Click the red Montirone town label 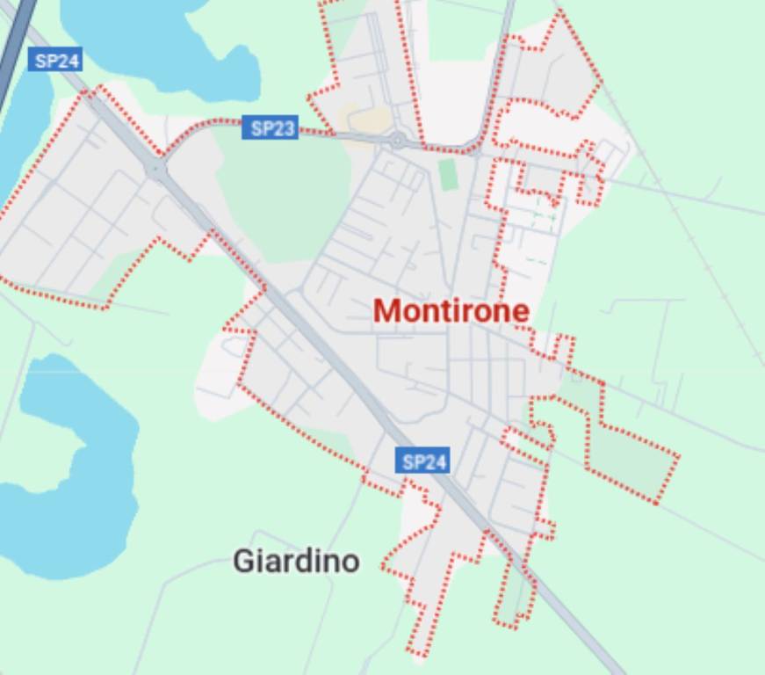click(451, 310)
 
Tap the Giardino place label click(296, 561)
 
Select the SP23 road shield click(271, 128)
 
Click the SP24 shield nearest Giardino click(424, 461)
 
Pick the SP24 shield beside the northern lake click(55, 61)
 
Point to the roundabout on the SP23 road click(398, 140)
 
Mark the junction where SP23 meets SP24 click(157, 166)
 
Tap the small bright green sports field click(449, 174)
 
